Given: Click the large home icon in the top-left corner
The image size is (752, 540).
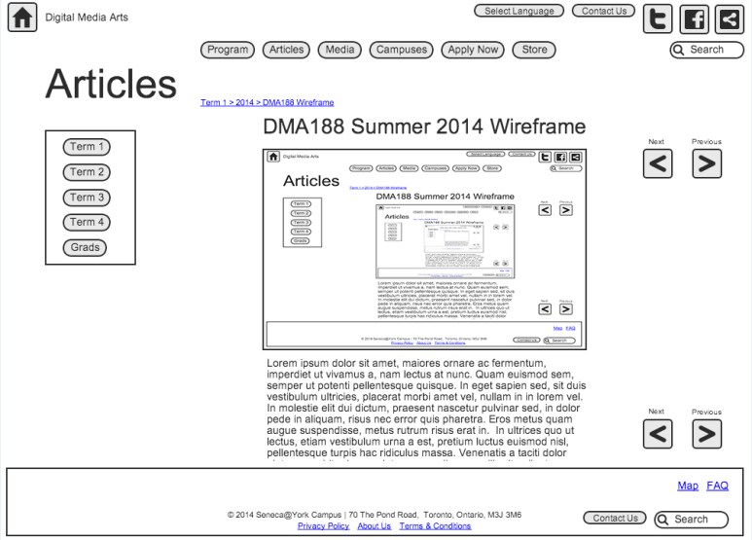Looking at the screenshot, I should pyautogui.click(x=22, y=18).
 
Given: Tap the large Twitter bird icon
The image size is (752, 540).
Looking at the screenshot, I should pyautogui.click(x=659, y=19).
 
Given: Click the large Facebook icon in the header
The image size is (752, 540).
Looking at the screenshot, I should pyautogui.click(x=694, y=19).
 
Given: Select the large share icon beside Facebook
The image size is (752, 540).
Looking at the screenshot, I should pyautogui.click(x=728, y=19).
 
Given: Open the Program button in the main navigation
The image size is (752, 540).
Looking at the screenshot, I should pyautogui.click(x=228, y=50).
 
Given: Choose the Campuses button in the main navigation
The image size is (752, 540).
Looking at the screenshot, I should pyautogui.click(x=402, y=50).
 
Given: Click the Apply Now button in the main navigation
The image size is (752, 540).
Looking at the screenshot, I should pyautogui.click(x=473, y=50).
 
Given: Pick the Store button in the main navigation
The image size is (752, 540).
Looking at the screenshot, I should pyautogui.click(x=534, y=50).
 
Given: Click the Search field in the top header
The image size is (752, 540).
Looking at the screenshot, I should pyautogui.click(x=707, y=50).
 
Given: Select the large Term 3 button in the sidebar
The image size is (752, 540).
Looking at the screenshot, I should pyautogui.click(x=87, y=198).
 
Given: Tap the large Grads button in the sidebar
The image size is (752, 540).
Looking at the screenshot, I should pyautogui.click(x=86, y=247).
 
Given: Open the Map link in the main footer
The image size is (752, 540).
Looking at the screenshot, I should pyautogui.click(x=688, y=486).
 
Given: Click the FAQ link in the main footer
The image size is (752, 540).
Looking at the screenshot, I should pyautogui.click(x=717, y=486).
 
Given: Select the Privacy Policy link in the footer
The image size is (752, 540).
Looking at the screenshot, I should pyautogui.click(x=323, y=526).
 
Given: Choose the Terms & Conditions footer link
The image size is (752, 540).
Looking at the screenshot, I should pyautogui.click(x=435, y=526).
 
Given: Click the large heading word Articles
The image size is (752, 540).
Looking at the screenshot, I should pyautogui.click(x=111, y=85).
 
